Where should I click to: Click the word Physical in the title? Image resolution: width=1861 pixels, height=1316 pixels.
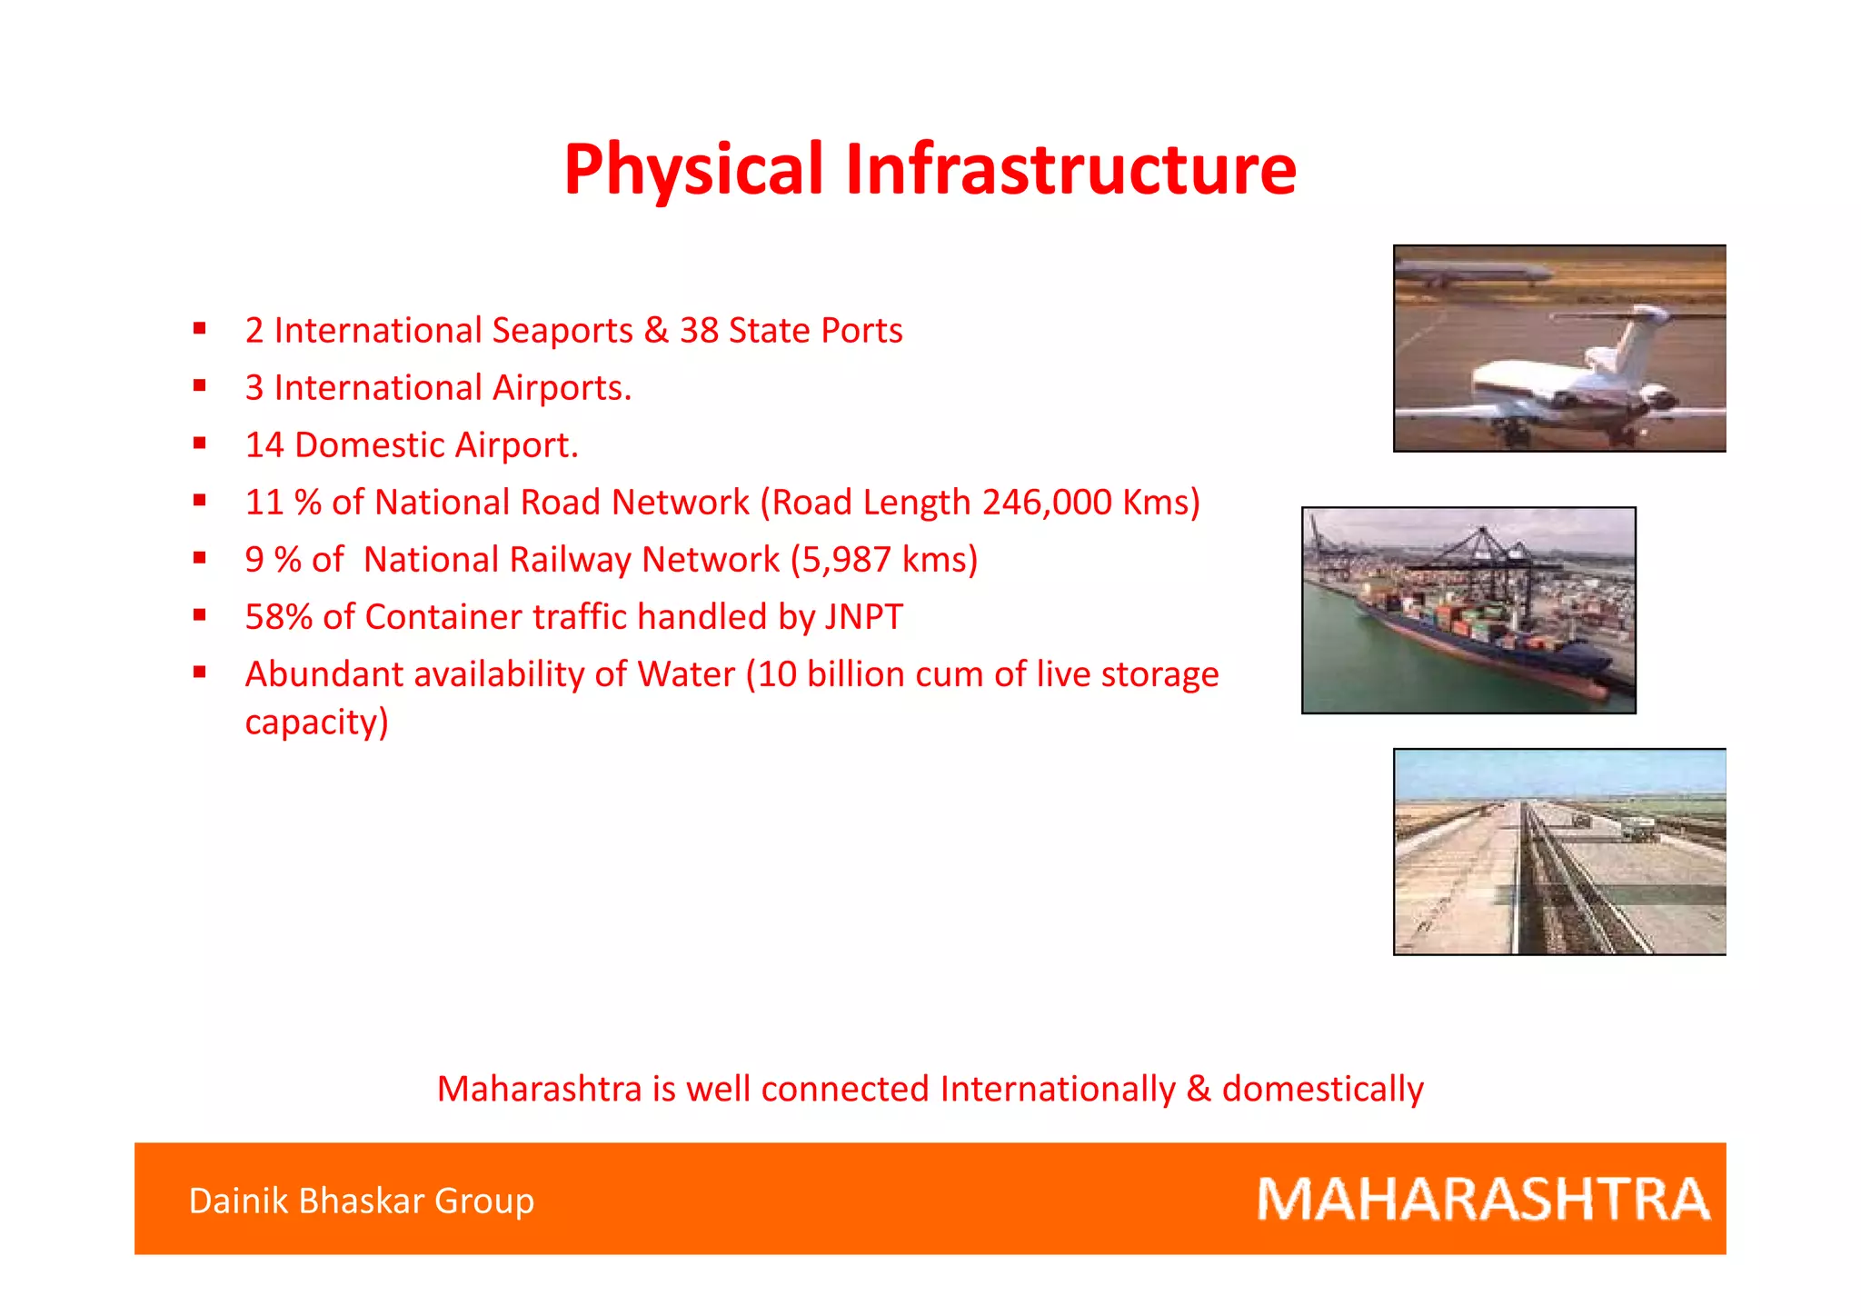(693, 169)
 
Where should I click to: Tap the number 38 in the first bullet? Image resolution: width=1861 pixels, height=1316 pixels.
(699, 331)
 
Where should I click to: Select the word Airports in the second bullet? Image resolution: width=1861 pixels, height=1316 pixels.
(562, 388)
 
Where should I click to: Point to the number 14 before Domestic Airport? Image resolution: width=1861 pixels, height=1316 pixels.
(264, 445)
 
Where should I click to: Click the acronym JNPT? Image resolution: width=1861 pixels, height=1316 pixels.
(863, 617)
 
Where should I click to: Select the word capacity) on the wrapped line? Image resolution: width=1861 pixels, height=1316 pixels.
(316, 723)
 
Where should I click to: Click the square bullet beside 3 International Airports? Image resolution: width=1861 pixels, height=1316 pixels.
(200, 386)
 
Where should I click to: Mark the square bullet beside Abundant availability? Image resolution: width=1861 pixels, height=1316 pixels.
(200, 673)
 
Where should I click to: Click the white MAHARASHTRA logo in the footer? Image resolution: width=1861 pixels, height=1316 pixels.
(1483, 1199)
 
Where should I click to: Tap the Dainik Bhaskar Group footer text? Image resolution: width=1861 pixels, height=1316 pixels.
(361, 1201)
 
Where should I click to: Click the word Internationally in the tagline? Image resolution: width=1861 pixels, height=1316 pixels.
(1058, 1089)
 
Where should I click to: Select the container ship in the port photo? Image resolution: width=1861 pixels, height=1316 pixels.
(1481, 636)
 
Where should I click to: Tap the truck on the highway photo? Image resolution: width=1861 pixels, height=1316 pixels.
(1637, 829)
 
